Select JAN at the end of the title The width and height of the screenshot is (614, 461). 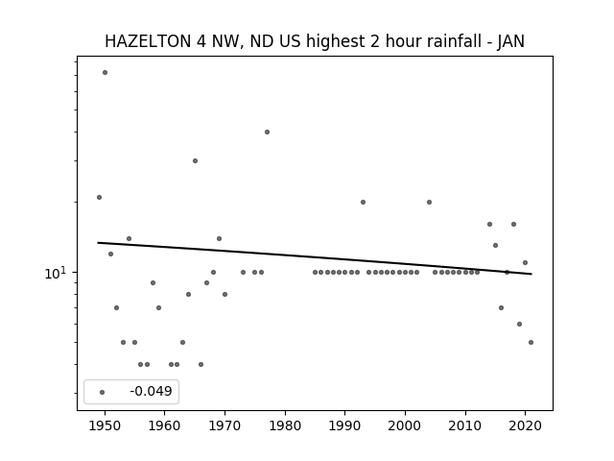511,41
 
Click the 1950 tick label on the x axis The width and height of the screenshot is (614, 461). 105,425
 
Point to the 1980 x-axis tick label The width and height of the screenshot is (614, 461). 285,425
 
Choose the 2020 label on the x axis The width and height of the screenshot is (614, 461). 525,425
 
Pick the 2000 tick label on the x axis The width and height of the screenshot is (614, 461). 405,425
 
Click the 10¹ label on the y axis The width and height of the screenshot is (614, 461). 56,273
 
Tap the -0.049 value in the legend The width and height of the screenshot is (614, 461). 151,391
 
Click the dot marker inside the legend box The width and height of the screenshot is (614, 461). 103,392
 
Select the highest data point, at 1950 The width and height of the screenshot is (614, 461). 105,73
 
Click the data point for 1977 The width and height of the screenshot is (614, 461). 267,133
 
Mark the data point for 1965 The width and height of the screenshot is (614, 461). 195,160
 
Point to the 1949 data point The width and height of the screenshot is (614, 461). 99,197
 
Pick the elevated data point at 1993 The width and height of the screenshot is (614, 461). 363,203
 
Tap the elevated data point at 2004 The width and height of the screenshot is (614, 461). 429,203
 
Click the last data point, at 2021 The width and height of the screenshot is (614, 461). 531,342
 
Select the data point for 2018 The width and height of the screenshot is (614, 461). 514,224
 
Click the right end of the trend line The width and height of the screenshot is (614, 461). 531,274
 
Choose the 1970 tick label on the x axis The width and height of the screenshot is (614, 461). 224,425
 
